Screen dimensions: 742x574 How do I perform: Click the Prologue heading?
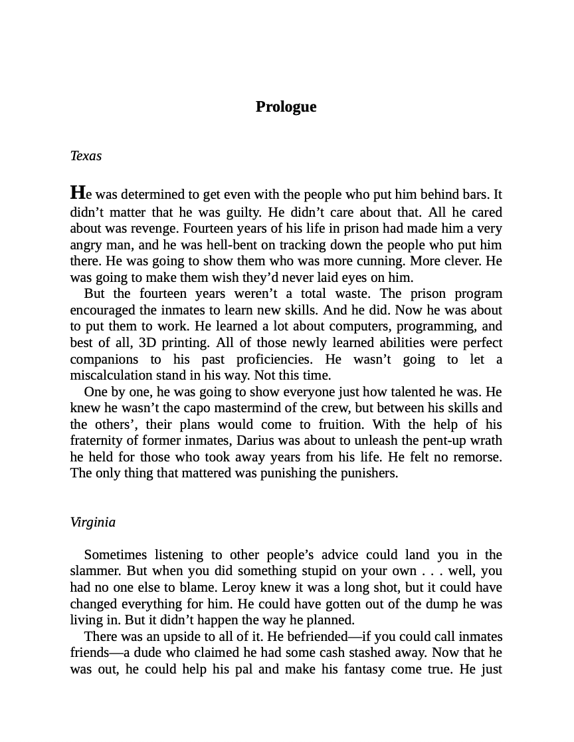[286, 107]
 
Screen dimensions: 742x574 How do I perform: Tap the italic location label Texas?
[86, 156]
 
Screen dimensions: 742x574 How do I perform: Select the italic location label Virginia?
[92, 523]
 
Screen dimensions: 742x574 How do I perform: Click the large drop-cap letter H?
[78, 193]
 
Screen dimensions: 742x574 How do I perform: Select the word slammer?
[94, 571]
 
